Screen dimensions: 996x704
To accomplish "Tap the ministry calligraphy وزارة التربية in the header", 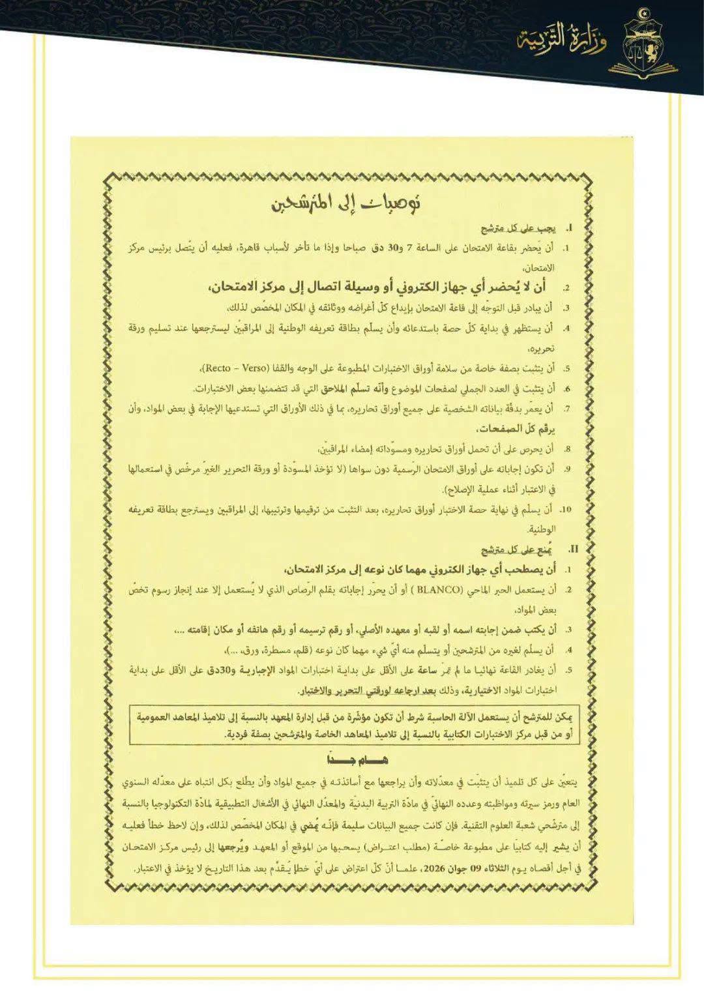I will (561, 40).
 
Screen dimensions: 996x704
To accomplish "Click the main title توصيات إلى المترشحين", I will (346, 203).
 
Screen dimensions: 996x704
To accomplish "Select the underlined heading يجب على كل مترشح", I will (518, 229).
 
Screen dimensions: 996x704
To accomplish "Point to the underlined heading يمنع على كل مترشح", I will (518, 550).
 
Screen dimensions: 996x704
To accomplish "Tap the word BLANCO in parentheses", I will (438, 591).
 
